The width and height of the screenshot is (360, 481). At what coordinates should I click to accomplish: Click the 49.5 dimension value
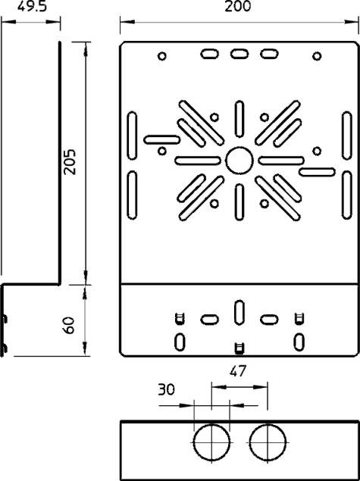[32, 7]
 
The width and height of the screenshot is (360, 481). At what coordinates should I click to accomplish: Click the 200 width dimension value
[237, 7]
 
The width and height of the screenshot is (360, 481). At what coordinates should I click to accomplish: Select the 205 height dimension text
[70, 161]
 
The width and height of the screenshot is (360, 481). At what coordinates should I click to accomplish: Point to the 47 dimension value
[238, 371]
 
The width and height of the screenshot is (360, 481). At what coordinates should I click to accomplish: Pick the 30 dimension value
[166, 389]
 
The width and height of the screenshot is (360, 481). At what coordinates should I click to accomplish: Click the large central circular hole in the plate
[239, 161]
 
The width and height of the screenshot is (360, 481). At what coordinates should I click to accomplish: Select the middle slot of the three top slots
[239, 54]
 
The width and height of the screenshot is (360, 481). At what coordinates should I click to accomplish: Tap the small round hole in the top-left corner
[162, 56]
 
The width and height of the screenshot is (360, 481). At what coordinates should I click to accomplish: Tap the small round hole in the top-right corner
[317, 56]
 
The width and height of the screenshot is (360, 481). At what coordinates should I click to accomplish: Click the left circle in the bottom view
[211, 442]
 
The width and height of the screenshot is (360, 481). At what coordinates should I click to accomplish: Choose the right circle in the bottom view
[268, 442]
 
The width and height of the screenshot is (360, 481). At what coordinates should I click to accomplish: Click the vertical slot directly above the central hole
[239, 118]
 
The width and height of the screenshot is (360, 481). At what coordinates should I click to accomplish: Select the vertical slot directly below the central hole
[239, 202]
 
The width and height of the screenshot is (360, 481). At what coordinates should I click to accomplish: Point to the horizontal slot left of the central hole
[198, 161]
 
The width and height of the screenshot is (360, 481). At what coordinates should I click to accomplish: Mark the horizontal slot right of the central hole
[281, 161]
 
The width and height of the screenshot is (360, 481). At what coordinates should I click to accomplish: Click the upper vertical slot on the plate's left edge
[132, 136]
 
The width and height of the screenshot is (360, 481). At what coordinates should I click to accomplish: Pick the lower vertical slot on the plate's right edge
[347, 195]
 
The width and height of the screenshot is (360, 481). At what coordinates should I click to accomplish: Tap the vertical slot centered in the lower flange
[239, 313]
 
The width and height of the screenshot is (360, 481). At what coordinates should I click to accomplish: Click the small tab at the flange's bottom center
[239, 348]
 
